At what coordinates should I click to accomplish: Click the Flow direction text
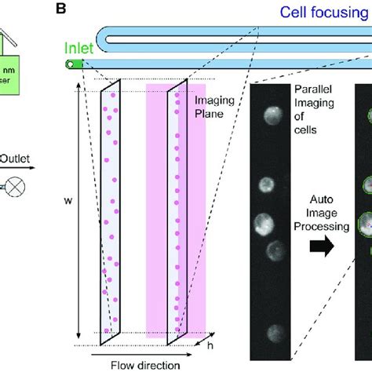[x=144, y=364]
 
